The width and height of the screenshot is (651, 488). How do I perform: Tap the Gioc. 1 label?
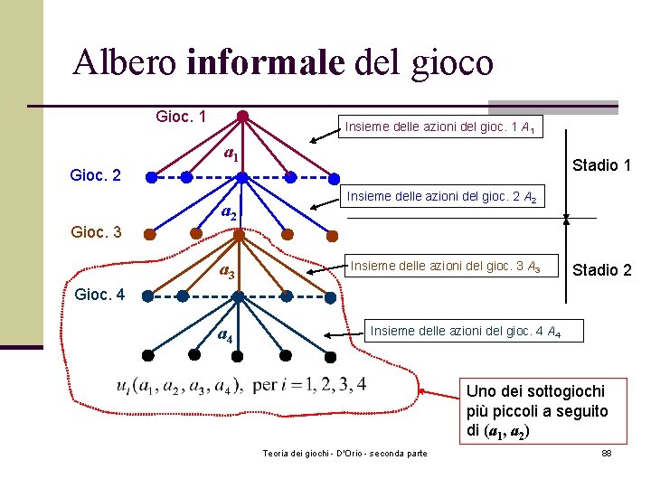click(x=182, y=117)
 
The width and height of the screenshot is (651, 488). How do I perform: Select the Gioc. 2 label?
click(x=96, y=174)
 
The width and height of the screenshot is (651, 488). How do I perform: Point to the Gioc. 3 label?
click(x=96, y=232)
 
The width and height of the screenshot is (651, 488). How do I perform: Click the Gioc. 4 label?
click(x=101, y=295)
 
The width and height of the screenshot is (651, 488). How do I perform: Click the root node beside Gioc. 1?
click(x=242, y=116)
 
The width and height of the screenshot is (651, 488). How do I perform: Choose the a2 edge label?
click(x=230, y=214)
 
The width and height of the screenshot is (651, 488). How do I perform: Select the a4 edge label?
click(x=226, y=336)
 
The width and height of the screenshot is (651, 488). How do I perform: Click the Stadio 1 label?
click(x=601, y=165)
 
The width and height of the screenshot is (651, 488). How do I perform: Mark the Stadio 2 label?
click(x=601, y=270)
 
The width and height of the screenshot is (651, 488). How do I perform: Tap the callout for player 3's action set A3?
click(x=446, y=266)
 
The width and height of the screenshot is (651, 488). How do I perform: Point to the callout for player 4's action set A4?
click(x=465, y=332)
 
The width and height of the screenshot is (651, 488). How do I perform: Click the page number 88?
click(x=607, y=452)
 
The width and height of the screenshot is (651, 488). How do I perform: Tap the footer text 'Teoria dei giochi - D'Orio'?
click(x=344, y=452)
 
